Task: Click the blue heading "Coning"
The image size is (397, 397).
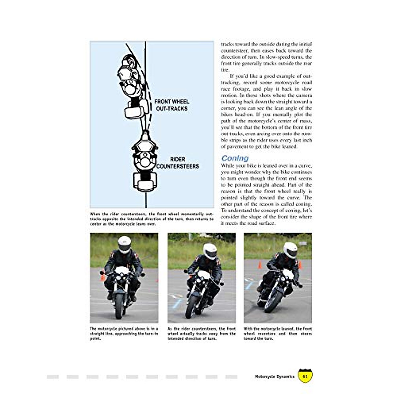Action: (235, 158)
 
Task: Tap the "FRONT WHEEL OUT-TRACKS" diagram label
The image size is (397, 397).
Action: (172, 105)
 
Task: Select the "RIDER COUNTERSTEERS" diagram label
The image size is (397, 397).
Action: (177, 163)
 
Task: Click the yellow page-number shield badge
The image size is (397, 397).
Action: (305, 376)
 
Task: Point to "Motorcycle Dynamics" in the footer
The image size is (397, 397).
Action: (275, 376)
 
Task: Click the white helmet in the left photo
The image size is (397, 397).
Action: (124, 244)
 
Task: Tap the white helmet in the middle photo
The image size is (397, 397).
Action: (210, 251)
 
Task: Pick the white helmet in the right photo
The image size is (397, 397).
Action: (290, 250)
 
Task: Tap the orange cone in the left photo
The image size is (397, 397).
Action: (103, 277)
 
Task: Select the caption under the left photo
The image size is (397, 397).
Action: (124, 333)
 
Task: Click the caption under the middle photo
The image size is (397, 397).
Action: (201, 333)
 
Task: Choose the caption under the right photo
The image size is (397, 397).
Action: (278, 333)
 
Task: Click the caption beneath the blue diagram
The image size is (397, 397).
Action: (152, 219)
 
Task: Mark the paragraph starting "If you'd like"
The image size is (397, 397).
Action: (266, 111)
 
